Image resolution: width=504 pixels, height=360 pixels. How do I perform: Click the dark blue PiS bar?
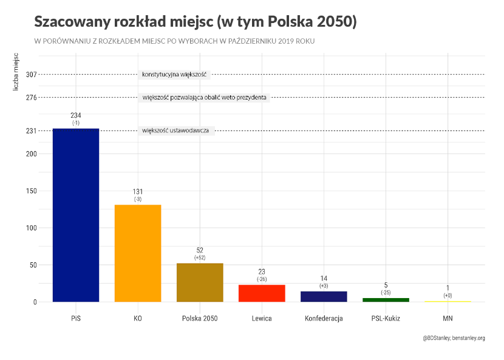pos(76,215)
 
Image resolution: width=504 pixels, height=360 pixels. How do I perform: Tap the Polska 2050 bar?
pos(200,282)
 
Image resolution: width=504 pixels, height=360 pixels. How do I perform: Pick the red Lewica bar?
pos(262,293)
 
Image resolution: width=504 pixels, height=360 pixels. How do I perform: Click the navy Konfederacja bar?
pos(324,296)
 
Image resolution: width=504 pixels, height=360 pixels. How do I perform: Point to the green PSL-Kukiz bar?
pos(386,299)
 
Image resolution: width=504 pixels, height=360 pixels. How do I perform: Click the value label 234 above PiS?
pos(76,115)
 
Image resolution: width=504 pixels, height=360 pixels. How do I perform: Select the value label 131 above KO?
pos(138,192)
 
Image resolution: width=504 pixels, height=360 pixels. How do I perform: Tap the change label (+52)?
pos(200,258)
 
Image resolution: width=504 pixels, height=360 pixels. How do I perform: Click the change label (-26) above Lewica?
pos(262,279)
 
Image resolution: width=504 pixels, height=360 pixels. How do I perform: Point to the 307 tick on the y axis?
pos(32,75)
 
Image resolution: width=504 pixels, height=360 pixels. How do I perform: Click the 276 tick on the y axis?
pos(32,97)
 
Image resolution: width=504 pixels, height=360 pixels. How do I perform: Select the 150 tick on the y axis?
pos(32,191)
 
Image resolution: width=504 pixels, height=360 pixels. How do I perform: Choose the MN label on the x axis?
pos(448,318)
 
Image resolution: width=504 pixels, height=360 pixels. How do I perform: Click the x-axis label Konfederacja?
pos(324,318)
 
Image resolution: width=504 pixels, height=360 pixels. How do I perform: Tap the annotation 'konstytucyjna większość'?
pos(174,75)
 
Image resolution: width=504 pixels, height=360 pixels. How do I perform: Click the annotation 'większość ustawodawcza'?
pos(175,131)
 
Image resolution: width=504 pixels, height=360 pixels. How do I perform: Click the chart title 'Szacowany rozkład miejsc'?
pos(195,22)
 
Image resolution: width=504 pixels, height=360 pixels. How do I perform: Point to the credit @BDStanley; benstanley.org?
pos(454,338)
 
